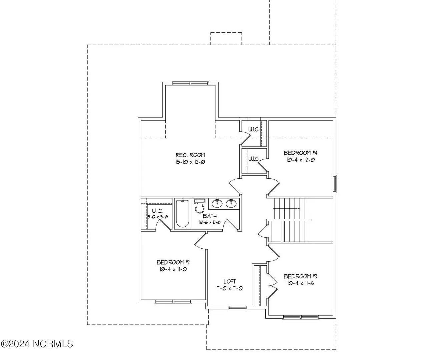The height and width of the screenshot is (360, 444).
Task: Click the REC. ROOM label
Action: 190,155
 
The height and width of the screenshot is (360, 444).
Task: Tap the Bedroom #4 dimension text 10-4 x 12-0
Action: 300,160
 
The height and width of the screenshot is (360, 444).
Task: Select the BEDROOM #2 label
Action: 173,262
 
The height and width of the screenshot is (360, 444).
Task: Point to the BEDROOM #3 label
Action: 300,276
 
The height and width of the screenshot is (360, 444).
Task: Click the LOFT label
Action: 230,282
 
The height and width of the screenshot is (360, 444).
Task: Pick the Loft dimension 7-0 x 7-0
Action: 230,289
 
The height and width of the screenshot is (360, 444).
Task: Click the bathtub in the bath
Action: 183,213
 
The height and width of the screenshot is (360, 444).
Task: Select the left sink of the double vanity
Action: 217,203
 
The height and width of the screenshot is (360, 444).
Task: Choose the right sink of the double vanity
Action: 231,203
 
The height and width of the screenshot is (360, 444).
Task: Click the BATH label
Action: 210,216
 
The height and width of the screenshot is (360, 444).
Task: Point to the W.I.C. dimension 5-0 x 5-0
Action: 158,217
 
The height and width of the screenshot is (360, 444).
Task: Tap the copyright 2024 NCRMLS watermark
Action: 37,344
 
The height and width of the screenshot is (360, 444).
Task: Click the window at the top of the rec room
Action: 190,83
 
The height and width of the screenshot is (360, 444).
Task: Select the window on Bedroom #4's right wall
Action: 335,183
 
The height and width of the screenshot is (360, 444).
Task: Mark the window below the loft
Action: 237,308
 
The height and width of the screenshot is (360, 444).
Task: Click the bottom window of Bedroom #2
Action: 173,302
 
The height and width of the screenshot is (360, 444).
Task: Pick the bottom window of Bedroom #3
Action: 301,317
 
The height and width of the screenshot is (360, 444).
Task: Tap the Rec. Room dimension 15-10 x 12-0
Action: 190,162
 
